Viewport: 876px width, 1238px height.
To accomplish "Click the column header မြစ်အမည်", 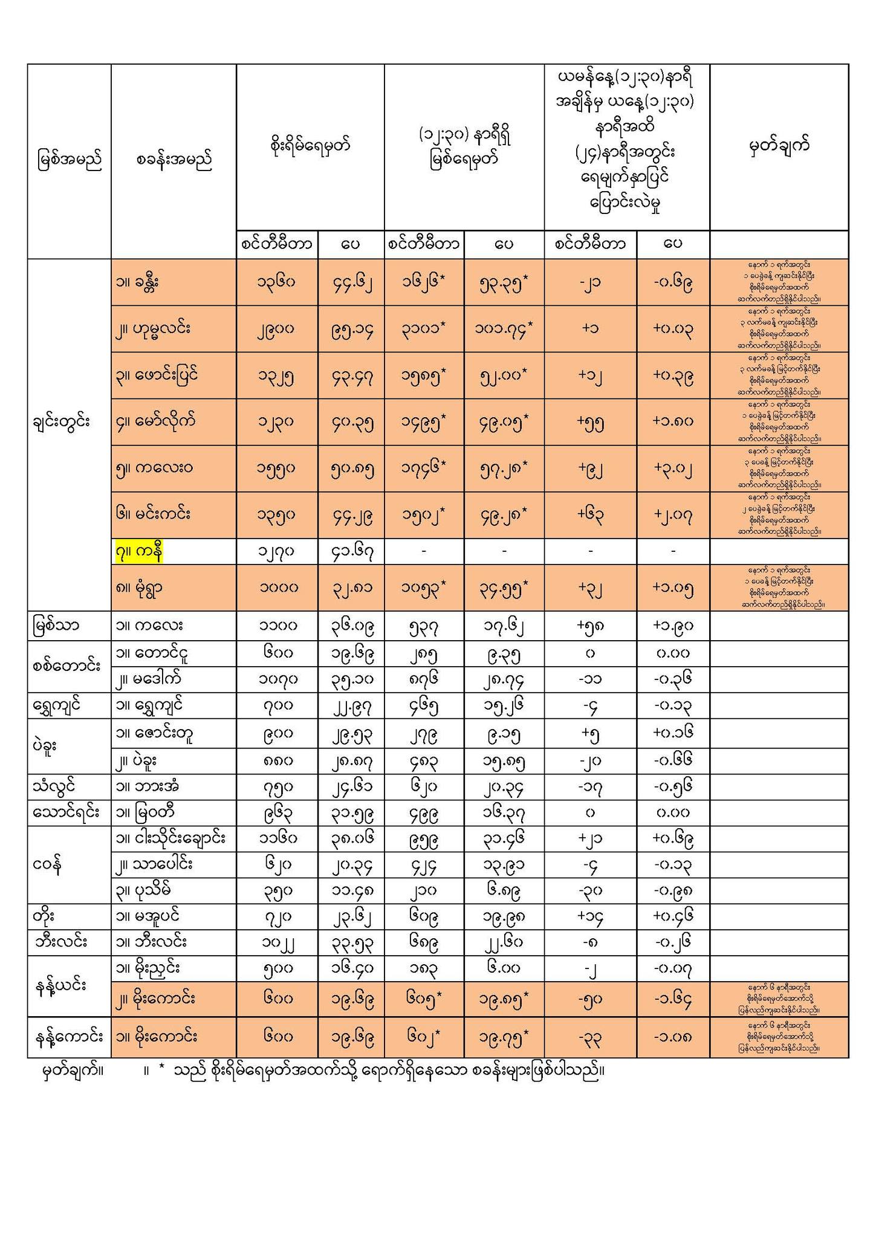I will (69, 161).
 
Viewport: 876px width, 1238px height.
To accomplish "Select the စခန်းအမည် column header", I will (174, 161).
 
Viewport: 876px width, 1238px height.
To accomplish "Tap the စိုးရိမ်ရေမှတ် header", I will (310, 146).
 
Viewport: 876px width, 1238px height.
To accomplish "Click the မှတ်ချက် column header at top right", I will (779, 146).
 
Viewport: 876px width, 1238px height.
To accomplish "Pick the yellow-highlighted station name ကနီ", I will (139, 552).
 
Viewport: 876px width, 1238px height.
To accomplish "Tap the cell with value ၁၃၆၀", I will (276, 283).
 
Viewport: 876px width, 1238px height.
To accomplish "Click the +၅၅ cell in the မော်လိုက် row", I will (590, 423).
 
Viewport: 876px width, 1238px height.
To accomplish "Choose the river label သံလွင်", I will (57, 787).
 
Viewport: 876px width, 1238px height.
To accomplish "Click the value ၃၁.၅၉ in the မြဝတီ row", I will (351, 814).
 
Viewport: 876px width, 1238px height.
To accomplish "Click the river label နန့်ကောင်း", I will (68, 1037).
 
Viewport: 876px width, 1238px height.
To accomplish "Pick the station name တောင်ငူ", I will (148, 653).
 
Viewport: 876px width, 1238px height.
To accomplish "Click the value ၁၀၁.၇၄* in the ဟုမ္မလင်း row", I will (504, 329).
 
